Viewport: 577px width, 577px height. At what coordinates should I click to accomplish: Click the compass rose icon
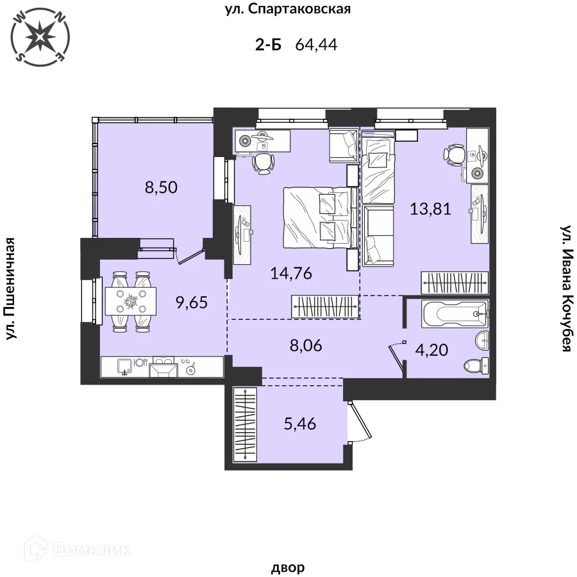[x=40, y=37]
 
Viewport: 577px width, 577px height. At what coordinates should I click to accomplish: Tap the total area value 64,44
[x=316, y=45]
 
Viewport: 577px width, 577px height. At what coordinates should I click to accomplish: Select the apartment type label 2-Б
[x=268, y=45]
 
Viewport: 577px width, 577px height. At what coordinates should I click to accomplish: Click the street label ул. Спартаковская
[x=288, y=9]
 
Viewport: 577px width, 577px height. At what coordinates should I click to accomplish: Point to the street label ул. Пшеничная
[x=11, y=288]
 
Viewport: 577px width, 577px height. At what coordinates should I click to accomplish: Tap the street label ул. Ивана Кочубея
[x=566, y=288]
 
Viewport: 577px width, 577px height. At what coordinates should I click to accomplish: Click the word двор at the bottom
[x=288, y=567]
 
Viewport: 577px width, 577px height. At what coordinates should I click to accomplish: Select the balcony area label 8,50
[x=161, y=187]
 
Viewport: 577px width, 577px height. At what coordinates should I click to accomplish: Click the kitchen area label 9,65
[x=192, y=303]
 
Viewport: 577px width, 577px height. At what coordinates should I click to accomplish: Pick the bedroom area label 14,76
[x=291, y=273]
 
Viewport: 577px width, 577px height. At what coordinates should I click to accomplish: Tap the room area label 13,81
[x=431, y=209]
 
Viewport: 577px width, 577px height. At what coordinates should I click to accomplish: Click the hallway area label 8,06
[x=306, y=346]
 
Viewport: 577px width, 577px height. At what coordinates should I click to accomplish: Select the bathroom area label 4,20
[x=431, y=349]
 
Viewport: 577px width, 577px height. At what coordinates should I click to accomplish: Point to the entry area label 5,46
[x=300, y=424]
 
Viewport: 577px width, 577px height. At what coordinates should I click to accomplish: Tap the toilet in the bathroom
[x=476, y=365]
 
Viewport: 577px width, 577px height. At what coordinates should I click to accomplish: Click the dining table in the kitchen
[x=131, y=301]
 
